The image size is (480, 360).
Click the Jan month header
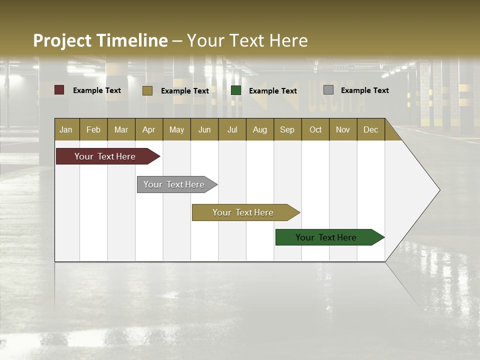(x=66, y=129)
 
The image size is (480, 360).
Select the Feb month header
(x=93, y=129)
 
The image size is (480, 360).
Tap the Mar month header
(x=121, y=129)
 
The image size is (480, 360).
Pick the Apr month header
(x=148, y=129)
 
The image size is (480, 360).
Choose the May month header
(x=176, y=129)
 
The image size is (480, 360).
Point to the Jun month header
(x=204, y=129)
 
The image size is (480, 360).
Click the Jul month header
(x=232, y=129)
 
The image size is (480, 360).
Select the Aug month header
(x=259, y=129)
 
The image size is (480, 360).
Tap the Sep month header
(x=287, y=129)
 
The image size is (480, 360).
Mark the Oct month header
(x=315, y=129)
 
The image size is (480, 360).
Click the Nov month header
(x=343, y=129)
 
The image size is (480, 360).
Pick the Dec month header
(x=370, y=129)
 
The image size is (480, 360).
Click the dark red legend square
(x=59, y=90)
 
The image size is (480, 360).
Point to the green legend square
(x=236, y=90)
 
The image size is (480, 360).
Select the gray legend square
(x=328, y=90)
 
